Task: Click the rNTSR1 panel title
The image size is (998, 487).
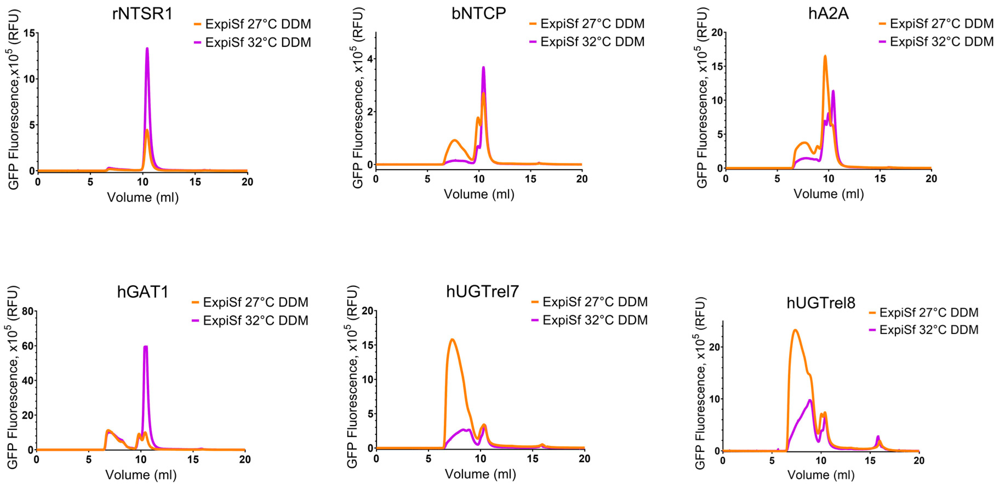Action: coord(142,14)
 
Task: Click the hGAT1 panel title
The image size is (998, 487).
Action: coord(143,292)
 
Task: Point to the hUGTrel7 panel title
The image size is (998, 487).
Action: coord(482,291)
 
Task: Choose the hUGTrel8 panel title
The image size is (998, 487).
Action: coord(820,303)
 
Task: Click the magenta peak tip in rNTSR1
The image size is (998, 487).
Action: coord(147,49)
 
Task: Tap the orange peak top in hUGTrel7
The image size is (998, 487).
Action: coord(452,340)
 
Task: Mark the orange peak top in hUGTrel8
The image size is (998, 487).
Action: coord(795,330)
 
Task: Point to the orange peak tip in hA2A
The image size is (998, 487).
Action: coord(825,56)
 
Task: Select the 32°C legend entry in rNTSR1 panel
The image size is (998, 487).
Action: coord(258,42)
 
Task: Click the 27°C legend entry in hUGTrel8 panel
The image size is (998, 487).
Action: coord(928,312)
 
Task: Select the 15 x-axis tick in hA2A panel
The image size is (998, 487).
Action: coord(880,179)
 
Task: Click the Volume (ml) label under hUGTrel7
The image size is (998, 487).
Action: coord(480,474)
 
